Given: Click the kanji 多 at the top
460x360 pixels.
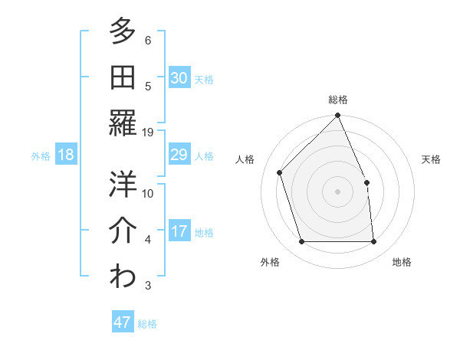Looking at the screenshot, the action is (123, 31).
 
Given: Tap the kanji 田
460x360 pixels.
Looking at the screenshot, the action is (123, 77).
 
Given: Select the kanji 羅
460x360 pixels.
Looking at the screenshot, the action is (123, 123).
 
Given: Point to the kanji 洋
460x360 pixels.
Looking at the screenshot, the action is (123, 184).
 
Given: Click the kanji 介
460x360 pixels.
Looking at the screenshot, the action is (123, 230).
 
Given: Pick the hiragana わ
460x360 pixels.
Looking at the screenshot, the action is (123, 276).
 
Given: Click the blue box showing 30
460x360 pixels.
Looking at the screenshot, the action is (179, 78).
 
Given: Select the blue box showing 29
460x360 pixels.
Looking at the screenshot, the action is (179, 155).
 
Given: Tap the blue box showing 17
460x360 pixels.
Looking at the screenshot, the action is (179, 231).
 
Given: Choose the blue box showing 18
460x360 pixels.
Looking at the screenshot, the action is (66, 155).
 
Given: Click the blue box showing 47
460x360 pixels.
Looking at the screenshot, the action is (123, 322).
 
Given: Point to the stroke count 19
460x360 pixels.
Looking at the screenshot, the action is (148, 133).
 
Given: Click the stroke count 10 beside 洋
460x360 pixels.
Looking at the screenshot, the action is (148, 194).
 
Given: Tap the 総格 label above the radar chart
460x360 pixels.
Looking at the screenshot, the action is (338, 100).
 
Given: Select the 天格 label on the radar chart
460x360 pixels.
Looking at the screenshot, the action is (431, 159).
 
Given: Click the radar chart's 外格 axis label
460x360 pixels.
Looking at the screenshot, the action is (270, 262).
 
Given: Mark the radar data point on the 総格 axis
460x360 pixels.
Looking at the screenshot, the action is (338, 116).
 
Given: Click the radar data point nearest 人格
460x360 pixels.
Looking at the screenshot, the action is (281, 172).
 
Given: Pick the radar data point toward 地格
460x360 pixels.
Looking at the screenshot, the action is (374, 242).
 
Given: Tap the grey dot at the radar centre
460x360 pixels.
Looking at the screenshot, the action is (338, 191).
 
